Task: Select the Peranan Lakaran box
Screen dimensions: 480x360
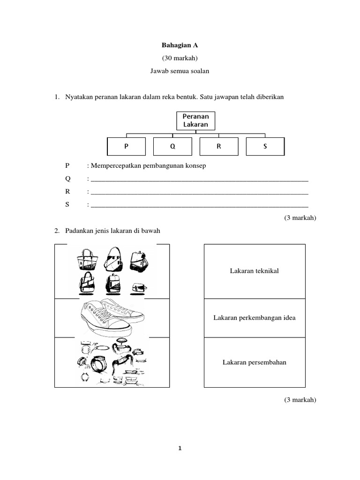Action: [195, 120]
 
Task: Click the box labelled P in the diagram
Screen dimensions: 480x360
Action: [126, 146]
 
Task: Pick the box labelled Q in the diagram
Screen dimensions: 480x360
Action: [172, 146]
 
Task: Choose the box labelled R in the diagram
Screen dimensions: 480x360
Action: [218, 146]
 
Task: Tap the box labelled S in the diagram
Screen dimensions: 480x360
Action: [265, 146]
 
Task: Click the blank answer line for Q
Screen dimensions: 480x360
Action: [199, 179]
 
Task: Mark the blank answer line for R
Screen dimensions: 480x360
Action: [199, 192]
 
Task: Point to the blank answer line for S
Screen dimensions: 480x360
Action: [199, 205]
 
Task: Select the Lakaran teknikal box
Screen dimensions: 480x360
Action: [255, 271]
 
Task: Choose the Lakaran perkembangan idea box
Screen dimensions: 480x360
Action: [255, 318]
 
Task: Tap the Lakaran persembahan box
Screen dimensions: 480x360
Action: [255, 362]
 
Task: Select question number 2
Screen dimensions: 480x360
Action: [56, 231]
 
